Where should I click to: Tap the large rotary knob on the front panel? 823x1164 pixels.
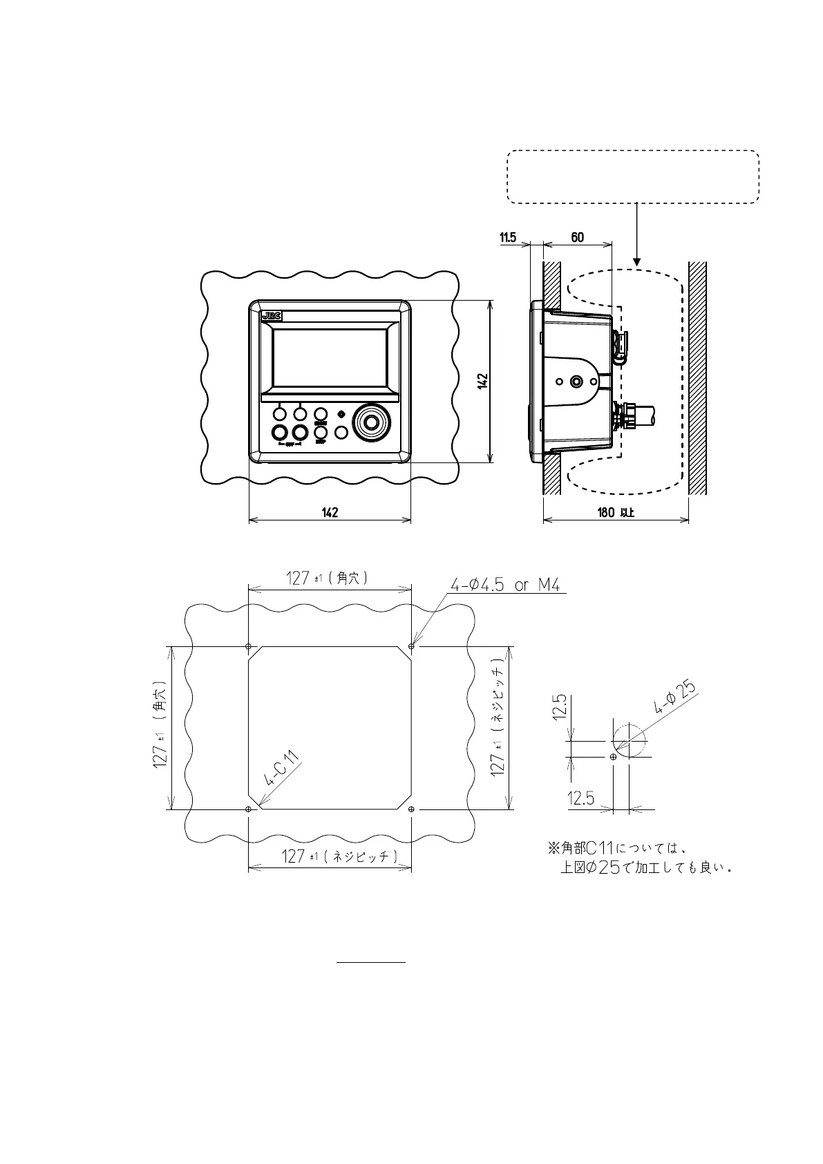tap(372, 422)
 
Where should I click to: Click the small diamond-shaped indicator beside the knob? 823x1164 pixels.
tap(341, 414)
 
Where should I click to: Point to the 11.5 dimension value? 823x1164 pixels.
tap(508, 238)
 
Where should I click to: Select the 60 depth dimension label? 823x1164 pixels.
tap(577, 238)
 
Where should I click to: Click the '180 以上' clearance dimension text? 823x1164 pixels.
tap(616, 512)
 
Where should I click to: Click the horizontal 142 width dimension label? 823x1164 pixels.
tap(330, 512)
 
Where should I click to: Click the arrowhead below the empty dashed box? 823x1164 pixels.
tap(637, 262)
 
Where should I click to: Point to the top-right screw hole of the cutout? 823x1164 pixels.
tap(412, 646)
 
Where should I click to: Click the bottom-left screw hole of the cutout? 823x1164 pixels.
tap(249, 809)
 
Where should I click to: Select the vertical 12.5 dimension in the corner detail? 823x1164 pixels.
tap(561, 706)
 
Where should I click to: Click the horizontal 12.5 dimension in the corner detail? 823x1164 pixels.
tap(580, 798)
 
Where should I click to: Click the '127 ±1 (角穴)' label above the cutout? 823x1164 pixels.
tap(328, 579)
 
